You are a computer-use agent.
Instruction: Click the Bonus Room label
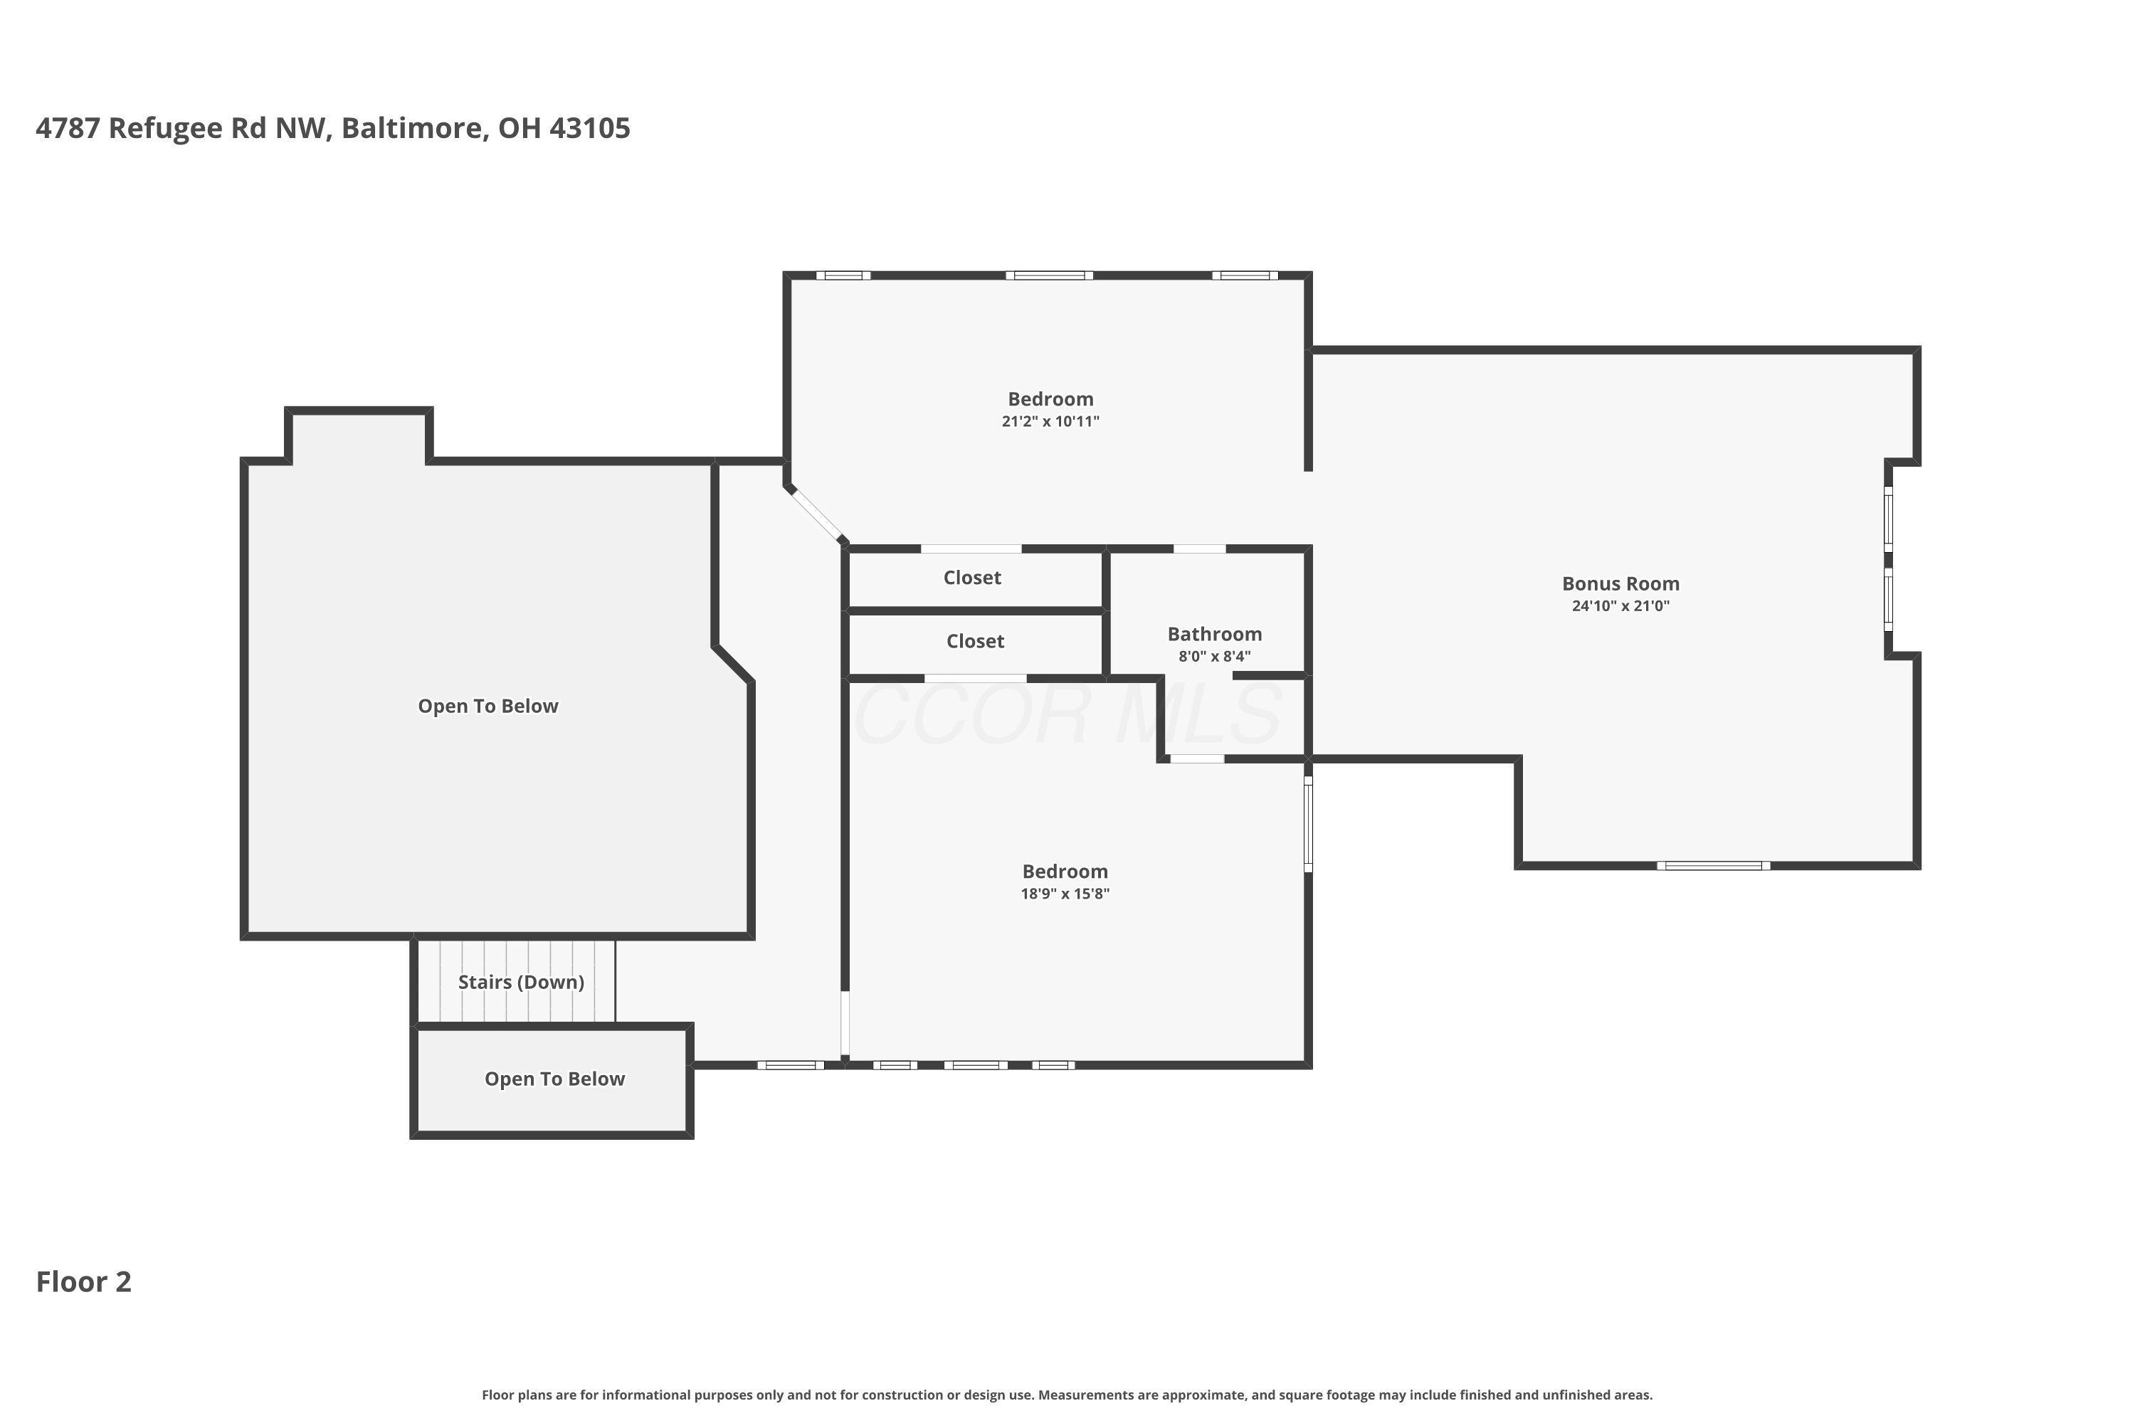click(1620, 583)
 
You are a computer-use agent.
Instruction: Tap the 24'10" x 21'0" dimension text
click(1620, 605)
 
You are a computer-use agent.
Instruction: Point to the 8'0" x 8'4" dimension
click(1215, 656)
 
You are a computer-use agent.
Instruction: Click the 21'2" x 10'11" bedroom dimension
click(1050, 421)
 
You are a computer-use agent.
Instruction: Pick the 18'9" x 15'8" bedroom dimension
click(1065, 893)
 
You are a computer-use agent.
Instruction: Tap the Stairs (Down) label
click(521, 982)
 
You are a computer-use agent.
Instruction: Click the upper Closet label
click(972, 577)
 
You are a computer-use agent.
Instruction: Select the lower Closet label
click(975, 641)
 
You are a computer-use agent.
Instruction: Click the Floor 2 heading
click(83, 1281)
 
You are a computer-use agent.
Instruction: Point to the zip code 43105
click(590, 128)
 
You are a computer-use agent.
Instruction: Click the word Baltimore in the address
click(415, 128)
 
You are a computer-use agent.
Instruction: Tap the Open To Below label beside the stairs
click(554, 1079)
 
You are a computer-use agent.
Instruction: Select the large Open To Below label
click(487, 706)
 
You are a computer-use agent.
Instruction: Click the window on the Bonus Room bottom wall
click(1714, 866)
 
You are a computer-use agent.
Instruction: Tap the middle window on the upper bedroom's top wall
click(1049, 275)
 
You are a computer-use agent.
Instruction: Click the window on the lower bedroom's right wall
click(1308, 824)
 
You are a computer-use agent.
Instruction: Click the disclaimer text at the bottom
click(1067, 1395)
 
